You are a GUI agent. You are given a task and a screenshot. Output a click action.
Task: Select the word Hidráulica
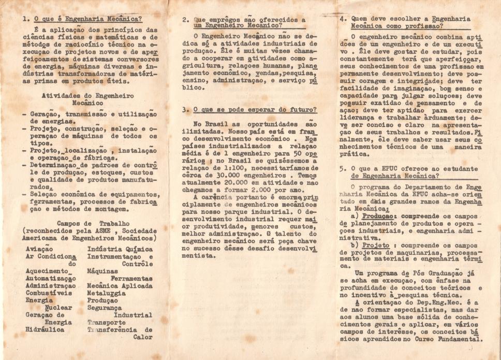click(45, 329)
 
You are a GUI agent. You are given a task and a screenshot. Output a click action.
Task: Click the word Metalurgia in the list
click(107, 293)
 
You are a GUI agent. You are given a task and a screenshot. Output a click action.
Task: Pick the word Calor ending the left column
click(142, 337)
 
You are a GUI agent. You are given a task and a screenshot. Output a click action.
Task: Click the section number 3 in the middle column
click(185, 110)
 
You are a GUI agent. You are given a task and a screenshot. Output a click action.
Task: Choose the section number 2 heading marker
click(185, 20)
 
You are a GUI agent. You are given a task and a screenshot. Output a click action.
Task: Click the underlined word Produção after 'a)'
click(376, 215)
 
